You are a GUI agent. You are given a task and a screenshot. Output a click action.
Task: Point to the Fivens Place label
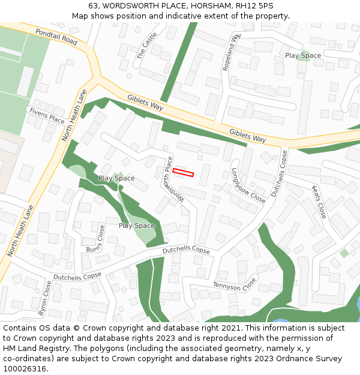[47, 115]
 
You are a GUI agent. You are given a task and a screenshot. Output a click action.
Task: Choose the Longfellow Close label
[248, 185]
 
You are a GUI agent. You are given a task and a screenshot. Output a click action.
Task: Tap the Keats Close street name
[319, 202]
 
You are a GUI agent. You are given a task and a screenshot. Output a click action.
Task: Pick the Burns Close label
[96, 239]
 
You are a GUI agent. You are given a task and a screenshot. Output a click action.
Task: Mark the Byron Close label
[45, 298]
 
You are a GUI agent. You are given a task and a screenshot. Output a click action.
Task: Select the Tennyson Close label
[235, 284]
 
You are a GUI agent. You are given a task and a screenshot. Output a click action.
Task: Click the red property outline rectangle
[184, 173]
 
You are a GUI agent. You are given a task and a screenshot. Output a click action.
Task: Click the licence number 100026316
[25, 369]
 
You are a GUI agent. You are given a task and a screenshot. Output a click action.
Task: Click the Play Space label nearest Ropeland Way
[303, 56]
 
